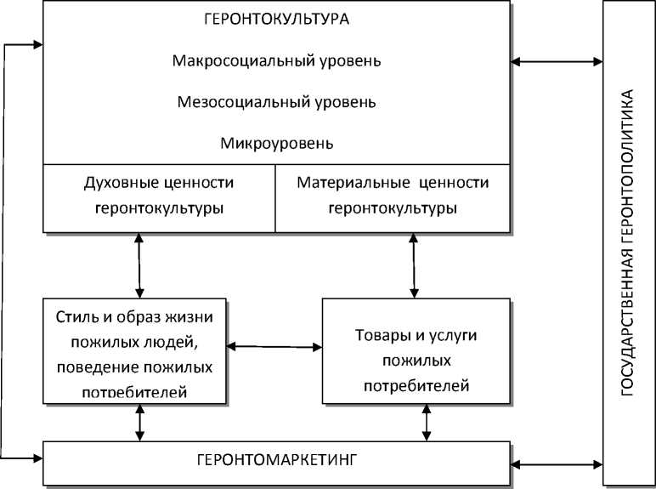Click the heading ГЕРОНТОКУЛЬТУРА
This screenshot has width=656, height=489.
pos(277,19)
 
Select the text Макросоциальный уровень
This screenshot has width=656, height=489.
pos(277,61)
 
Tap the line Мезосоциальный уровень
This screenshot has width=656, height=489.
pos(277,102)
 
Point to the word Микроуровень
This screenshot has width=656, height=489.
pos(277,142)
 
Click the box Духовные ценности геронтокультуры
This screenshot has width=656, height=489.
pos(160,196)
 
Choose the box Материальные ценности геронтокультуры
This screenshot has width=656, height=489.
pos(393,196)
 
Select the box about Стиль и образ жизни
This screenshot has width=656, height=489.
pos(136,350)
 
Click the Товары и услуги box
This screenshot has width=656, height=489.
pos(416,350)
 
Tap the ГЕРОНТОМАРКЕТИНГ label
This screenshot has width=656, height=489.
pos(277,460)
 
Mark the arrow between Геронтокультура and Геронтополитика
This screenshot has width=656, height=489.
pos(557,61)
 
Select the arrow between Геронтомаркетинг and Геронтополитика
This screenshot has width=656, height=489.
pos(557,464)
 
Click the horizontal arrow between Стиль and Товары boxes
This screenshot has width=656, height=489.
pos(274,346)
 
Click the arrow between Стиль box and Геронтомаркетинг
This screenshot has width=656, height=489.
pos(139,423)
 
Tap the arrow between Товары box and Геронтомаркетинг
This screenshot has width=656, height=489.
pos(425,423)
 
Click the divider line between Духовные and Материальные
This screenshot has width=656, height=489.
pos(275,197)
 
